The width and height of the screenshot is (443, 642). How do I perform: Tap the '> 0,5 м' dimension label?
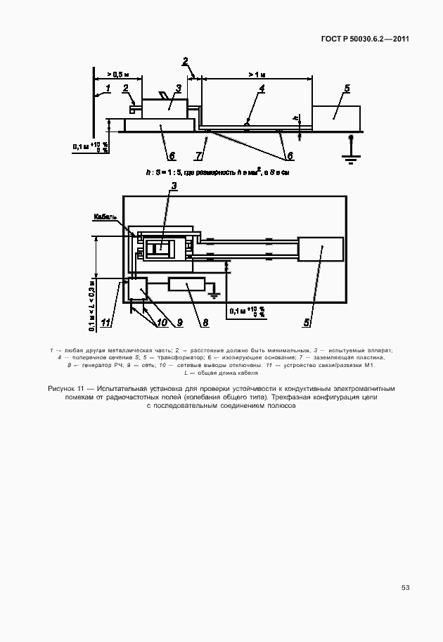118,74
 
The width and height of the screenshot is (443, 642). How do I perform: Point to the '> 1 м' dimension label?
257,74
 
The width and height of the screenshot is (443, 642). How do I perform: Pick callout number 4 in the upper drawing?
261,89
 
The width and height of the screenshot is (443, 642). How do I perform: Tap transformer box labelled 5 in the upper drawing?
336,116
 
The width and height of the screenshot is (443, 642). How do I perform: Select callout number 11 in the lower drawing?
106,323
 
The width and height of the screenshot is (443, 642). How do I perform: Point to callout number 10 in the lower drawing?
162,323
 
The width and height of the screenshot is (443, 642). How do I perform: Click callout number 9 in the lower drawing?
179,323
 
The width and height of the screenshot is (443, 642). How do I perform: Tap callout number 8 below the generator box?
205,323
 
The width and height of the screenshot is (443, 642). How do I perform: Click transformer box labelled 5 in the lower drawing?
321,249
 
